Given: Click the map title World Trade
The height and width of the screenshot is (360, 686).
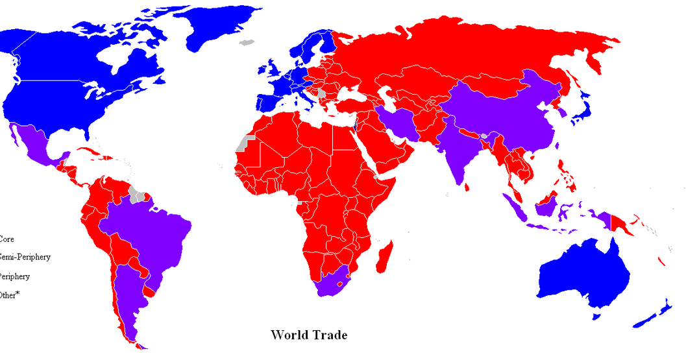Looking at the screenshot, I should pos(309,335).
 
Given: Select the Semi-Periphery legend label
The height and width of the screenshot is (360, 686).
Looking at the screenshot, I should pos(26,258).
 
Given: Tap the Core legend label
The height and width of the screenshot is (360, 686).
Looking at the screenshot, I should pos(7,239).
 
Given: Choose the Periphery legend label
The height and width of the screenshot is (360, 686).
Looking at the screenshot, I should pos(15,276).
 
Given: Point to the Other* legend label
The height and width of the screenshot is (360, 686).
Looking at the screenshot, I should pos(10,295).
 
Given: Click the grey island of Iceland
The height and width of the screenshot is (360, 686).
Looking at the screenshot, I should pos(245,42).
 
